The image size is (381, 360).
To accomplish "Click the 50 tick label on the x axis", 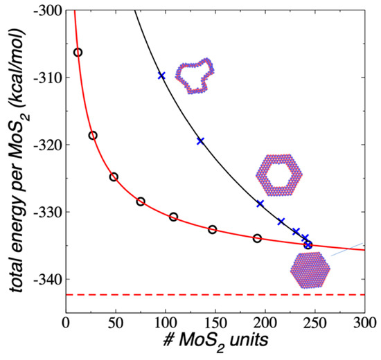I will click(x=116, y=323).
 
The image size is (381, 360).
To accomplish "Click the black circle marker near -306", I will click(x=78, y=53).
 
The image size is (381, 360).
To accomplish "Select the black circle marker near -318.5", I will click(x=93, y=136).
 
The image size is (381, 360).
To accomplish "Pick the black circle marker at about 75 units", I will click(x=141, y=201).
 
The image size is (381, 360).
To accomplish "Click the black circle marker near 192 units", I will click(x=257, y=238).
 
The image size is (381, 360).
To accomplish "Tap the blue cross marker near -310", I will click(x=161, y=75).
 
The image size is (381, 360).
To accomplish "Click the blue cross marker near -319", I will click(x=200, y=141).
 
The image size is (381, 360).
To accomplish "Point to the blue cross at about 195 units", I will click(x=260, y=204).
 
